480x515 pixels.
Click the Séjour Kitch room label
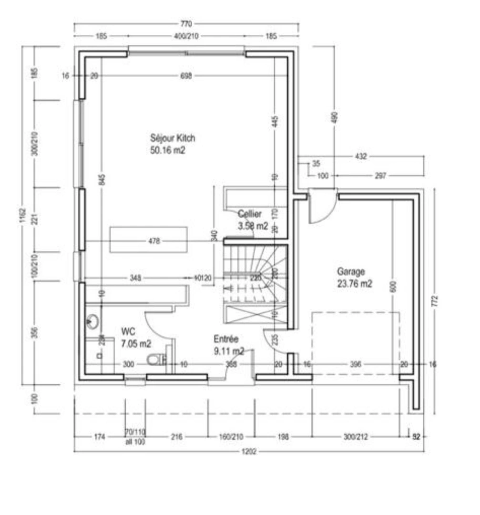(173, 138)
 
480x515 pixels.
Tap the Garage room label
(351, 272)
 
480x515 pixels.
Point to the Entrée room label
(226, 339)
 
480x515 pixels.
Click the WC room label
(128, 331)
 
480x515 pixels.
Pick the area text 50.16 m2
(167, 150)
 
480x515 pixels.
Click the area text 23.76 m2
(355, 284)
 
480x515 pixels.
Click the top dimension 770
(186, 24)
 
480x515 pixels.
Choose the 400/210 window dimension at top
(186, 36)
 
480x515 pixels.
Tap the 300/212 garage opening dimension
(355, 436)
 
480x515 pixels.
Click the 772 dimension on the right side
(434, 301)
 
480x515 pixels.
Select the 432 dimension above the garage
(361, 156)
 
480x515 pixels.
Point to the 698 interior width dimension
(186, 76)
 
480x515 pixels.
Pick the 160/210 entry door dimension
(231, 436)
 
